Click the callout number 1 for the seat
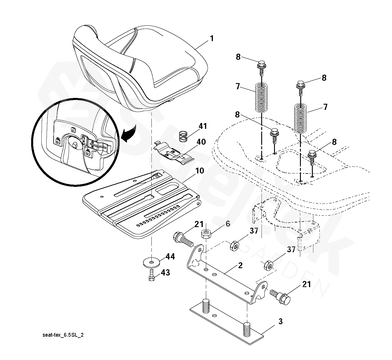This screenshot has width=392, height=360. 212,38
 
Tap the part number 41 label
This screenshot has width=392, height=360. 203,126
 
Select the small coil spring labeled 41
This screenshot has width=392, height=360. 183,136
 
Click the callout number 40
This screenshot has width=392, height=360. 201,142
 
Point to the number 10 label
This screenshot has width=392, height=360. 199,171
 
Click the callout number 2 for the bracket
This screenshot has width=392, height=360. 240,265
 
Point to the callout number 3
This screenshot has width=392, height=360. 280,322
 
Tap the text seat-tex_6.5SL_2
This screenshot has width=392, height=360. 63,335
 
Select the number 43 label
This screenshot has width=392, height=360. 165,273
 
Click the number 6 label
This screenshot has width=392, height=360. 228,224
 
